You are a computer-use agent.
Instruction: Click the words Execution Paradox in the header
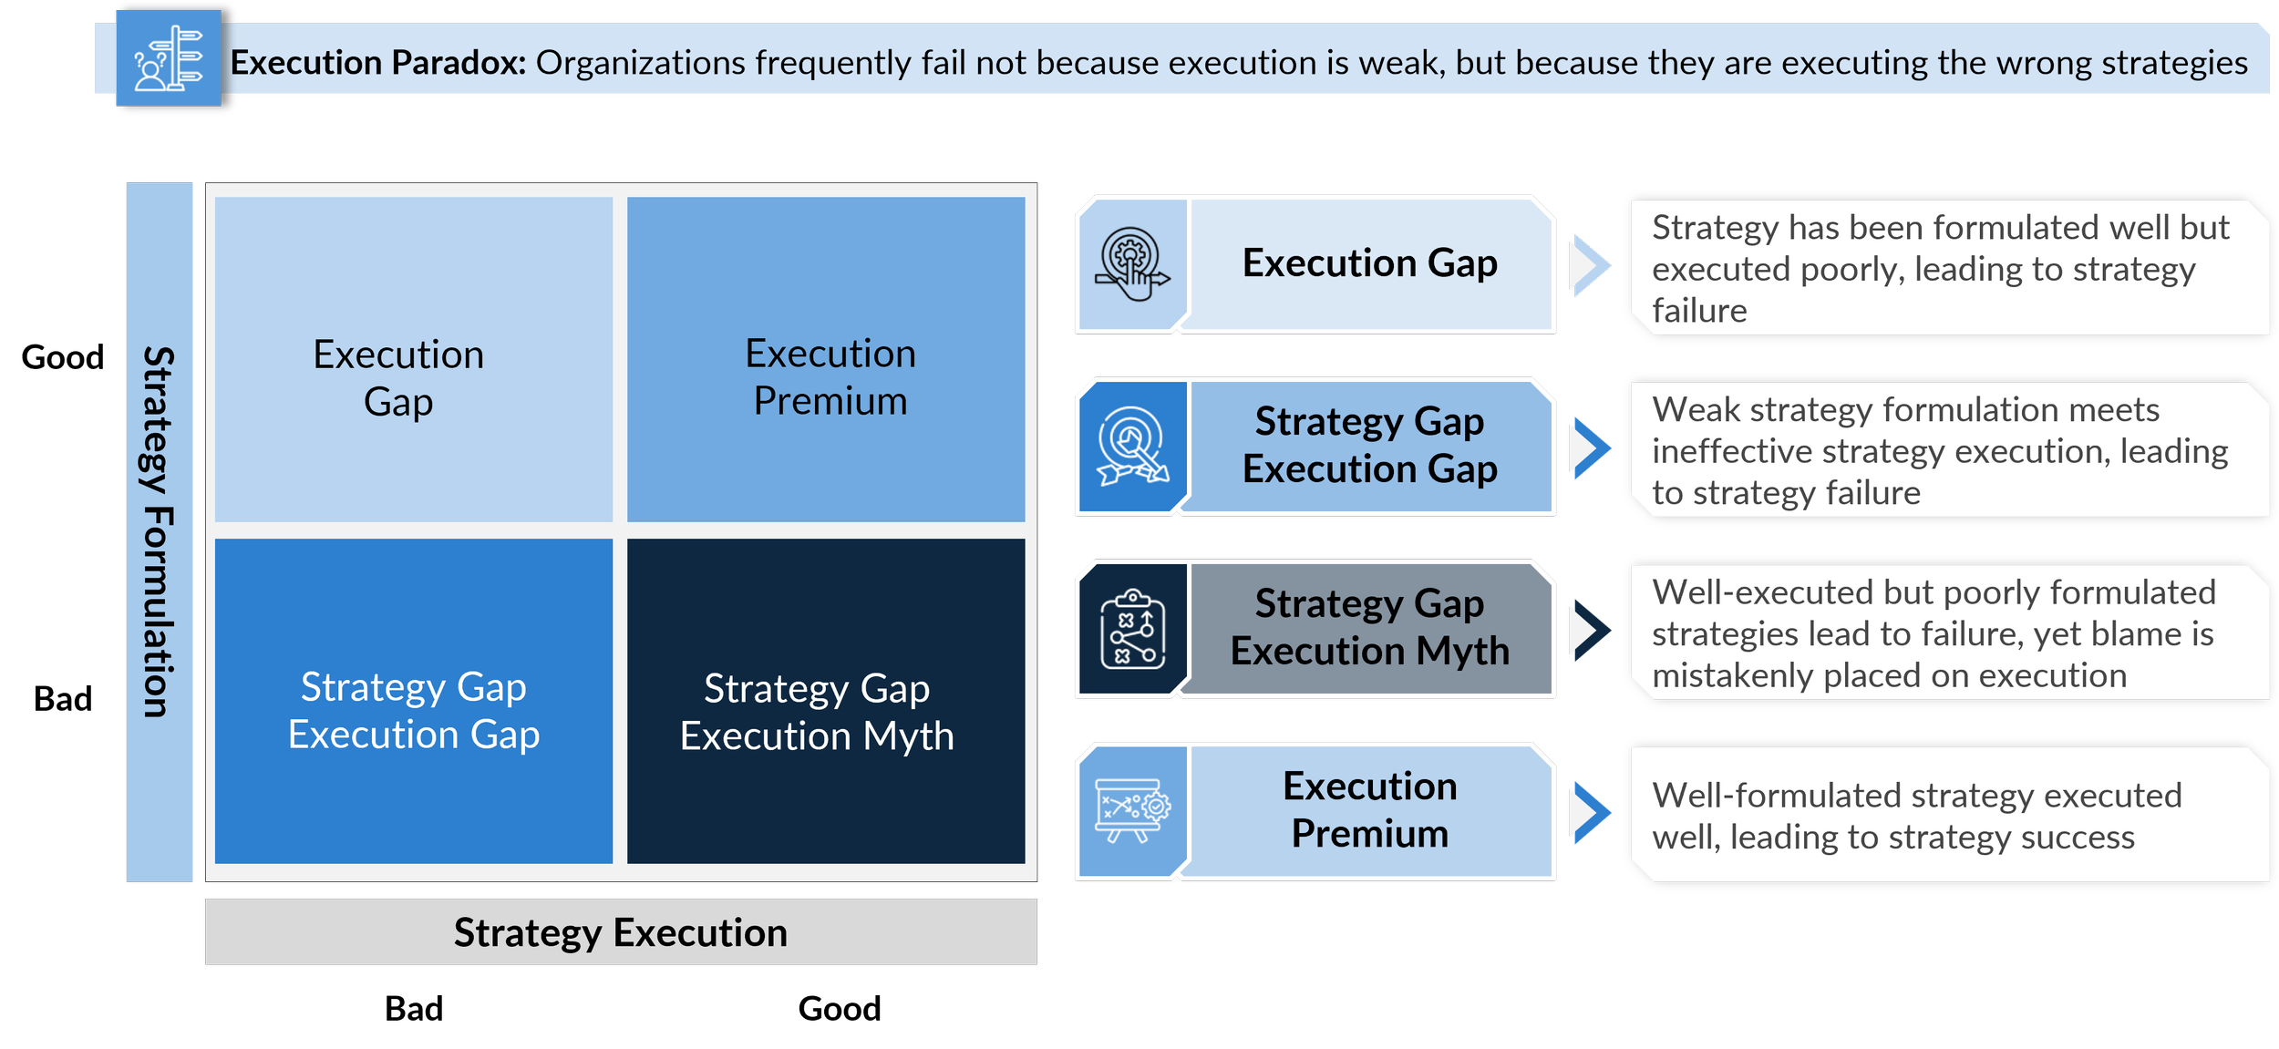(377, 63)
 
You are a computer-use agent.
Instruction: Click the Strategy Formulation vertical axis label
(160, 532)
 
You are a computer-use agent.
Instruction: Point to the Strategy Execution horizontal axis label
(621, 932)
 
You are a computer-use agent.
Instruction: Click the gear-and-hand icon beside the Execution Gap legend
(1132, 264)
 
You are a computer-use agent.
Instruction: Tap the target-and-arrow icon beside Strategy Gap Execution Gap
(1132, 447)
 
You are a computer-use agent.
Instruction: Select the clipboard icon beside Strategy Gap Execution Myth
(1132, 629)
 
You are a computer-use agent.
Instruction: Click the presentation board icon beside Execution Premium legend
(1132, 810)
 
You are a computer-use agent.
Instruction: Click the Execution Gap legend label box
(1369, 264)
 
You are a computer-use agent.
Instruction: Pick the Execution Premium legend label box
(1369, 810)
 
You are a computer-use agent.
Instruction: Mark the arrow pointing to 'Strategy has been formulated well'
(1590, 265)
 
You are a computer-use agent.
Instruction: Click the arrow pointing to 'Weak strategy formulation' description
(1590, 447)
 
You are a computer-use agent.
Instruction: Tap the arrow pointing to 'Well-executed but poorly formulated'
(1590, 630)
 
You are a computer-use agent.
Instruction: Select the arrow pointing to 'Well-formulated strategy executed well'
(1590, 811)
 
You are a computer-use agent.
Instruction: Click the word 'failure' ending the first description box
(1699, 312)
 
